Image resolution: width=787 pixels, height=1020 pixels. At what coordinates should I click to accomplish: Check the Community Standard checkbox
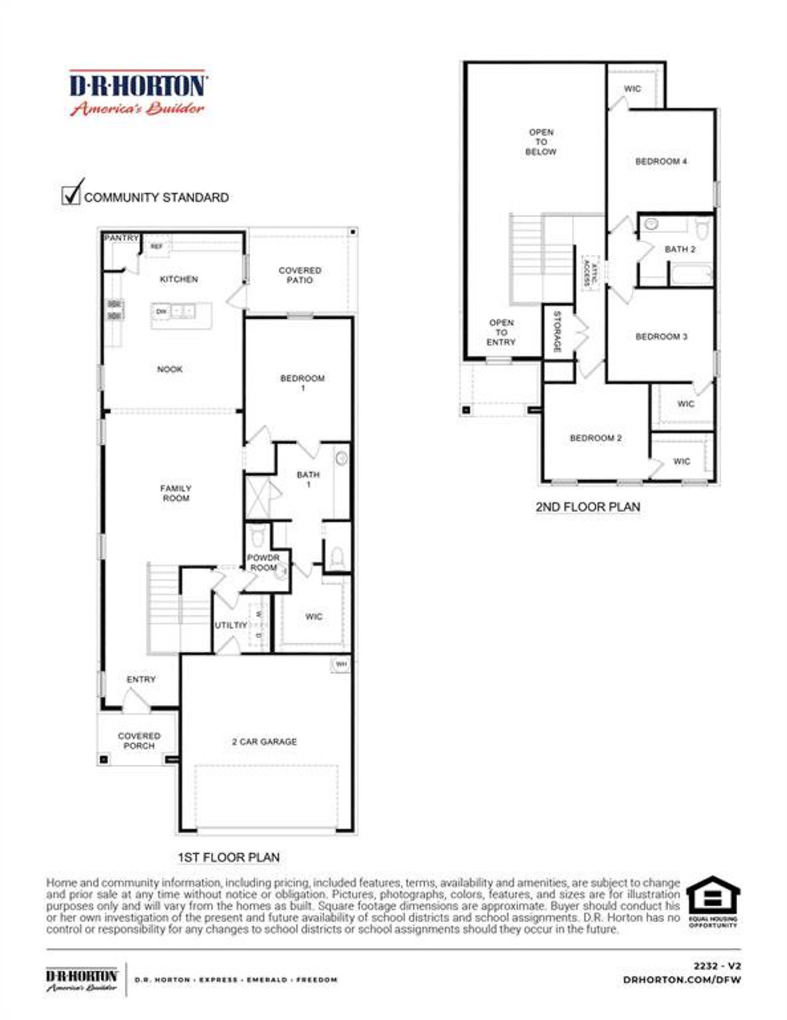tap(72, 194)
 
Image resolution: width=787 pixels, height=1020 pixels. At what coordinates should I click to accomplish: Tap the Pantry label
tap(121, 238)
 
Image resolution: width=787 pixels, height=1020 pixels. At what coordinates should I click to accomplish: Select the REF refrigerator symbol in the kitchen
tap(157, 246)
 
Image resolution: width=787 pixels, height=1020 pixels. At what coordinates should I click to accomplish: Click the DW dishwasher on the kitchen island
tap(161, 311)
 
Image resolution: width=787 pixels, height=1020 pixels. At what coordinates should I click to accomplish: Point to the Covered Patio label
tap(299, 275)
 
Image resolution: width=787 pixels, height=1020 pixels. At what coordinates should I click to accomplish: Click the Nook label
tap(170, 369)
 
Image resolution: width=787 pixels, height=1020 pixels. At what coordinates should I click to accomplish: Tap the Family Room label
tap(176, 493)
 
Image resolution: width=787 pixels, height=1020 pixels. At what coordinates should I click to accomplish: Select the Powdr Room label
tap(263, 562)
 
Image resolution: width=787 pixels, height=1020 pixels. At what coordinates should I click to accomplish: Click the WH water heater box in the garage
tap(341, 664)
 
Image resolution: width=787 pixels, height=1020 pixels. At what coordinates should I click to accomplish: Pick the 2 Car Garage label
tap(264, 742)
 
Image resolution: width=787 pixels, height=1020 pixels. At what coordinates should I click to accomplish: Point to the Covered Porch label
tap(139, 741)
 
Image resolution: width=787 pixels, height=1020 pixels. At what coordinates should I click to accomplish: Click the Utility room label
tap(231, 625)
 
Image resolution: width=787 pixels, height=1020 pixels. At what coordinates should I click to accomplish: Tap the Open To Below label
tap(541, 141)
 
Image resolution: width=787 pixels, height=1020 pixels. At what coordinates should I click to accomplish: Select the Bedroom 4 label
tap(661, 161)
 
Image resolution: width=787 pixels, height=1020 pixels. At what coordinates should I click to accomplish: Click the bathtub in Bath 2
tap(691, 274)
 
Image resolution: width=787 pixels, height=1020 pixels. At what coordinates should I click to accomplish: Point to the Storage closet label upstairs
tap(557, 332)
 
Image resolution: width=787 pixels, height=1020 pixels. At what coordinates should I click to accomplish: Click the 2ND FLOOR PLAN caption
tap(588, 507)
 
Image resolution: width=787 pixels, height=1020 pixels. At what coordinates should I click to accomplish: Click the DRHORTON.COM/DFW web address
tap(682, 979)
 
